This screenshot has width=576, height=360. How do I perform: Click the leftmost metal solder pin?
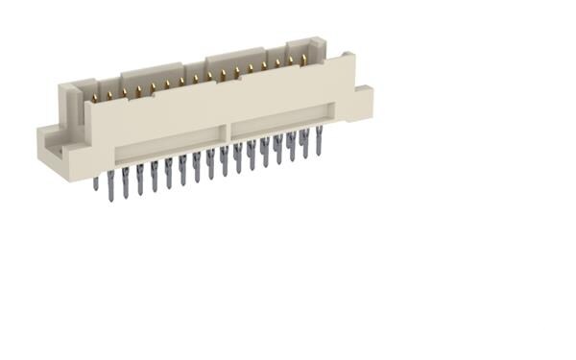click(x=96, y=182)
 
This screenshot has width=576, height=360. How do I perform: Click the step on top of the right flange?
click(x=364, y=91)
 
